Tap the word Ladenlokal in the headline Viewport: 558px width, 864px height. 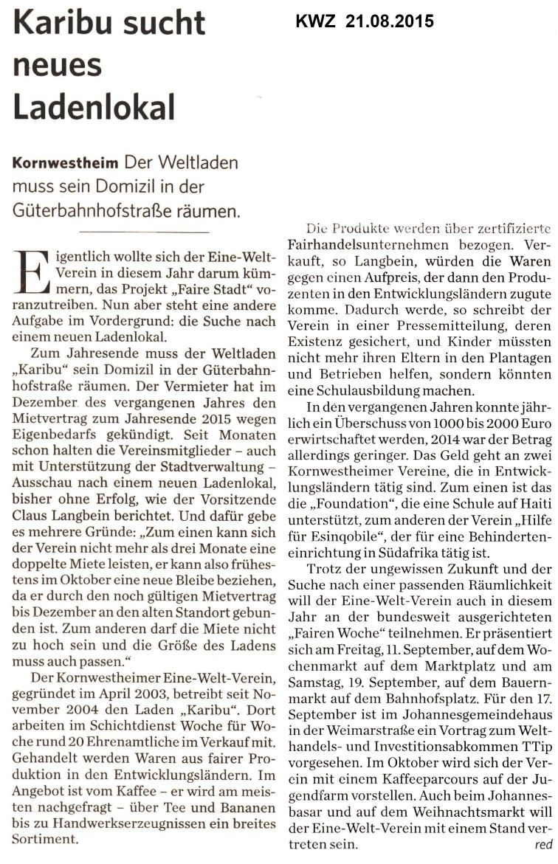(94, 107)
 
